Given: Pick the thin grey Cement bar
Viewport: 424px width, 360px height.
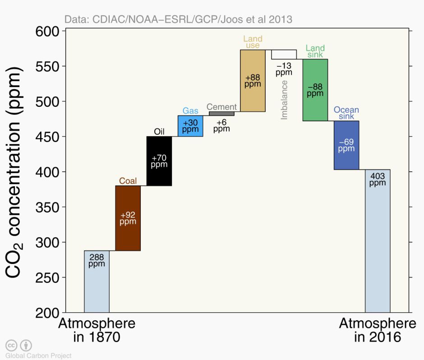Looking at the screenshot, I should [221, 114].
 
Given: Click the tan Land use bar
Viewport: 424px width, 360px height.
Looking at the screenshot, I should [253, 81].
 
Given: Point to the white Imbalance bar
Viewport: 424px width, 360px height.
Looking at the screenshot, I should [284, 55].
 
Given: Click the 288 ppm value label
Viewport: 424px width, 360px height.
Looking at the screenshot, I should [97, 260].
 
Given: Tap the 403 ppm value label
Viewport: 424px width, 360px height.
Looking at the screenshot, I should [378, 179].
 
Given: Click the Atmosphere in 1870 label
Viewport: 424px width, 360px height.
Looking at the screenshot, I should [97, 330].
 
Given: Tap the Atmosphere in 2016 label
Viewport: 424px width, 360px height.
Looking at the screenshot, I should [378, 330].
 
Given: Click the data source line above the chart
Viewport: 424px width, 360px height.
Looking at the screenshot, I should [178, 19].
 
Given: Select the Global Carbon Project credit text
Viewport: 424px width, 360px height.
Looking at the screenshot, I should [38, 356].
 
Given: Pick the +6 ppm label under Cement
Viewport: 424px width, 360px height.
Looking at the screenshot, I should [221, 126].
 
